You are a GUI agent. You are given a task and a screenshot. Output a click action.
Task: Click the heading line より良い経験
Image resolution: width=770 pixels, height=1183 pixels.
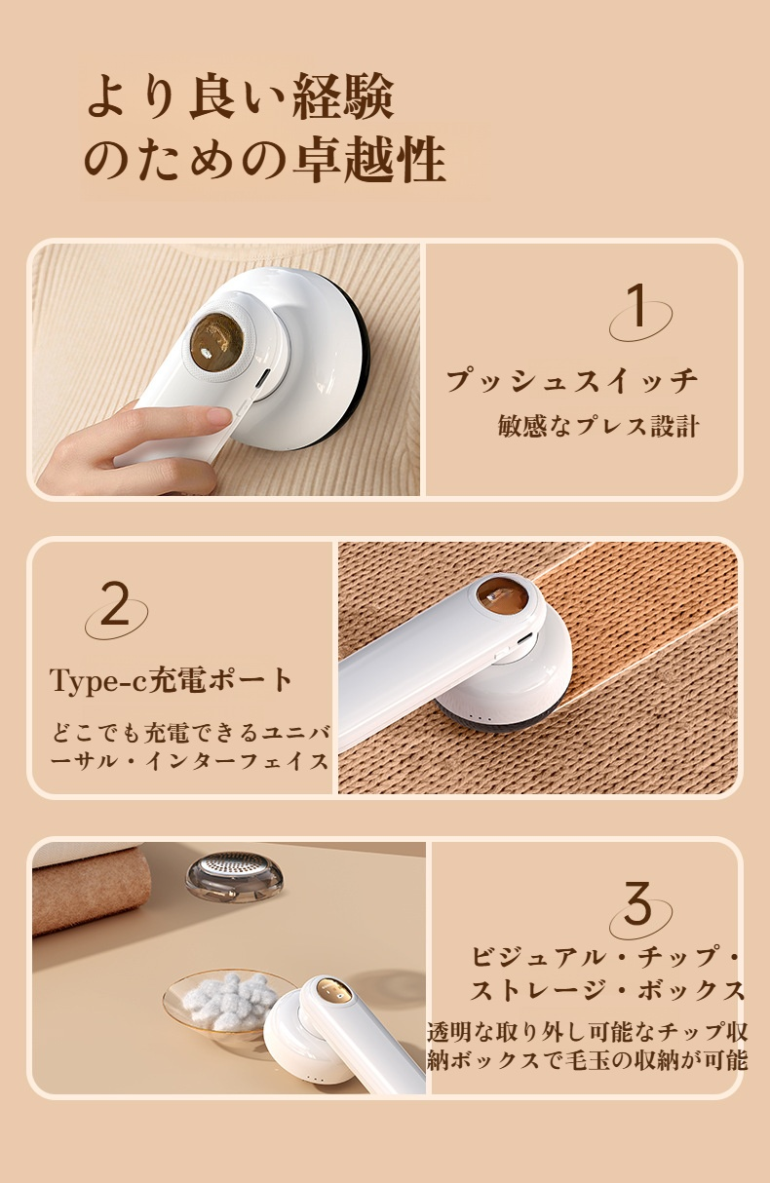pos(241,97)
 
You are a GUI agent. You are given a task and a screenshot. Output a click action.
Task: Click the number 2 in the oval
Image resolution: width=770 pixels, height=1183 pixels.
pos(115,603)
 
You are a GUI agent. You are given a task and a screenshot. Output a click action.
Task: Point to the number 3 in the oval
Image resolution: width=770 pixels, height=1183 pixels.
pos(638,903)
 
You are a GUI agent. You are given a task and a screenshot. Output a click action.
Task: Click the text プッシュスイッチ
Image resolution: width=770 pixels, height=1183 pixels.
pos(572,380)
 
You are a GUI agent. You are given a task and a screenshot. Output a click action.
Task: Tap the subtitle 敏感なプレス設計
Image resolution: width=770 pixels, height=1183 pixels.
pos(598,426)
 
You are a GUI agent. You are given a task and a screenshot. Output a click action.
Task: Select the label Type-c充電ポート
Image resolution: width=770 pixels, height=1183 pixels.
pos(172,680)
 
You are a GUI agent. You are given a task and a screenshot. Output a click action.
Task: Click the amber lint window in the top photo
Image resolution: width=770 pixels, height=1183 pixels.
pos(216,342)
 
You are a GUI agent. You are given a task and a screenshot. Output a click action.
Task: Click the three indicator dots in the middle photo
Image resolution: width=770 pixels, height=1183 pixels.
pos(482,718)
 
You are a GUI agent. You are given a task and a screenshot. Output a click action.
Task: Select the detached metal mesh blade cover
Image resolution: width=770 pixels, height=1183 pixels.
pos(234,880)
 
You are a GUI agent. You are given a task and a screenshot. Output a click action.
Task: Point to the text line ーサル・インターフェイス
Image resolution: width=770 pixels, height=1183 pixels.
pos(190,762)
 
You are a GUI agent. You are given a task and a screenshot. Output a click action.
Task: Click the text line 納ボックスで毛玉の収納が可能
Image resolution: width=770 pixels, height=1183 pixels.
pos(587,1060)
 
